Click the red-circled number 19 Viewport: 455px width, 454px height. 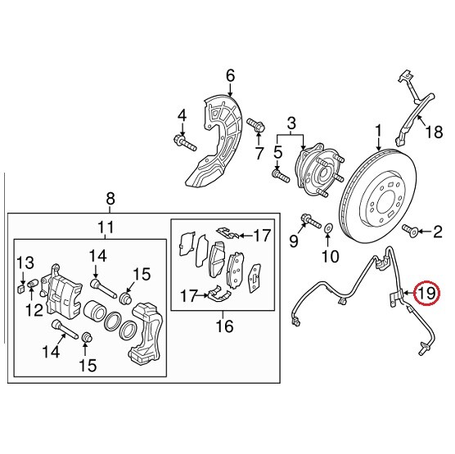(426, 293)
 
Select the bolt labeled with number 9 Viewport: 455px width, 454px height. (309, 220)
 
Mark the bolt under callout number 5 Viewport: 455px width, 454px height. (279, 174)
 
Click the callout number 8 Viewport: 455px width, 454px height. (111, 198)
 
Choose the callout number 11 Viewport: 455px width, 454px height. (105, 227)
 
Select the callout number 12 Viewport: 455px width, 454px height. (34, 309)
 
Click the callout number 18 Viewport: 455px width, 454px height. (432, 131)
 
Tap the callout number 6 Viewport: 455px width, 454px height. (230, 76)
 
